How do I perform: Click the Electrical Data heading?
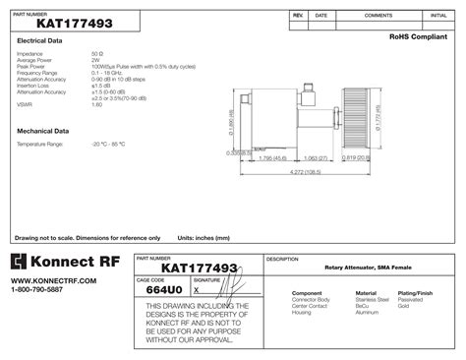pyautogui.click(x=40, y=41)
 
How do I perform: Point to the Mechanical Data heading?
pyautogui.click(x=43, y=130)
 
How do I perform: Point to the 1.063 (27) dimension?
pyautogui.click(x=316, y=157)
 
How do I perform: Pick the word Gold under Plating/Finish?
pyautogui.click(x=403, y=306)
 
